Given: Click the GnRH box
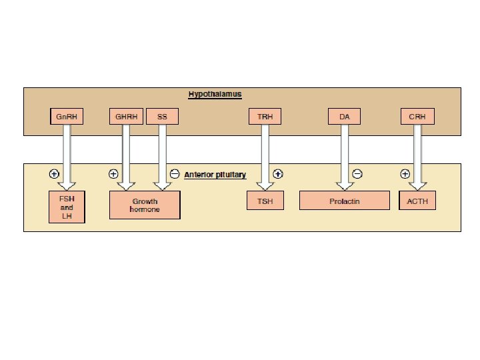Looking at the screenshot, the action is [67, 116].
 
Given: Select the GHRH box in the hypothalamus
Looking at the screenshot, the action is [126, 116].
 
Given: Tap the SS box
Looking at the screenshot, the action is [162, 116].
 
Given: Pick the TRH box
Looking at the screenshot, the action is [265, 116].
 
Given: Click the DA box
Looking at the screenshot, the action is [344, 116].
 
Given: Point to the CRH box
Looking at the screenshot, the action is [417, 116].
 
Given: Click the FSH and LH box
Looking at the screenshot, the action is [67, 207].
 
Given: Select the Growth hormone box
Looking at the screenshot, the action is [145, 205].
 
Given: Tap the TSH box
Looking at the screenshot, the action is [265, 201].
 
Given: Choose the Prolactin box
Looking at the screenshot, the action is [345, 201].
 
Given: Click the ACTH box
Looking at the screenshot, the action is [417, 201].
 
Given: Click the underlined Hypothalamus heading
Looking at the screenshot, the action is [215, 94].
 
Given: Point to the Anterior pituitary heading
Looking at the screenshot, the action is [215, 175].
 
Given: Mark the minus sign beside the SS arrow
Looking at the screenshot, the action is [175, 174].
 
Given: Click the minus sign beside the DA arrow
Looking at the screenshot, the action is [357, 174].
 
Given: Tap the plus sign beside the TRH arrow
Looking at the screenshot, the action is [277, 174].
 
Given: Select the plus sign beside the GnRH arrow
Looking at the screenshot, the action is [54, 174].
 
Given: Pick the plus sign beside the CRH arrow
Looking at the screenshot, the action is [405, 174].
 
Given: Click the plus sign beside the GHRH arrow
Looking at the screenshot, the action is [113, 174].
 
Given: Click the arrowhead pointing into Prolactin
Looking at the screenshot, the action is [345, 186].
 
